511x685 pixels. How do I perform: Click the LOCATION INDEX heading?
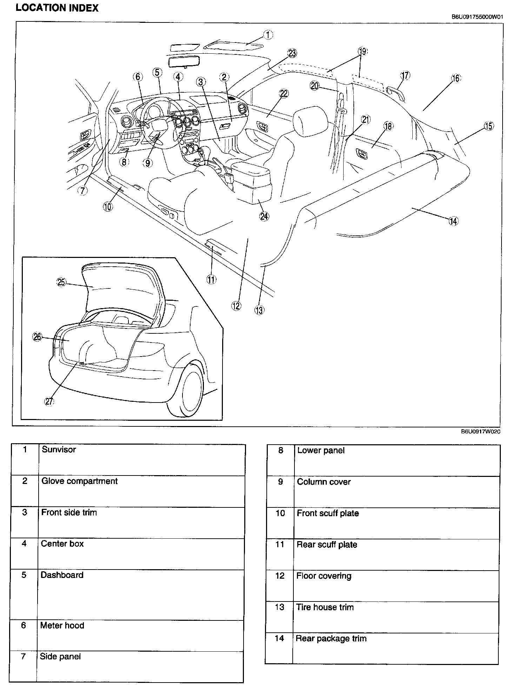(57, 8)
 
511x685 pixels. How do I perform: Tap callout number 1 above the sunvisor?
(268, 35)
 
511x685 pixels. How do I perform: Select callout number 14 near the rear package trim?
(453, 221)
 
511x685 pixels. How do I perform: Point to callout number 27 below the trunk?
(49, 401)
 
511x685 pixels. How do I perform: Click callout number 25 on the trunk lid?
(61, 282)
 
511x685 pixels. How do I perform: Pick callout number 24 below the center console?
(264, 216)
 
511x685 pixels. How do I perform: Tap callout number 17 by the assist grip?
(405, 75)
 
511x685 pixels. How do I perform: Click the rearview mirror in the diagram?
(184, 61)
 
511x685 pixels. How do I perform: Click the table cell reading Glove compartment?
(80, 481)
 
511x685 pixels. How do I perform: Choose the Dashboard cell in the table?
(62, 575)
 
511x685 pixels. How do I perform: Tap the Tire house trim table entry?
(325, 607)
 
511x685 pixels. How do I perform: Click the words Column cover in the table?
(324, 482)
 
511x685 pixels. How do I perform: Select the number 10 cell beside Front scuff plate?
(280, 513)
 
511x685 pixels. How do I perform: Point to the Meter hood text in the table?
(62, 625)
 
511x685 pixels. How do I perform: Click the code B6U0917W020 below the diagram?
(480, 432)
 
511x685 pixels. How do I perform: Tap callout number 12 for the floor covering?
(236, 306)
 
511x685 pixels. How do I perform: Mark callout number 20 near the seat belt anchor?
(315, 86)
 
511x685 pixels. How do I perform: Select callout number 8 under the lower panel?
(124, 162)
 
